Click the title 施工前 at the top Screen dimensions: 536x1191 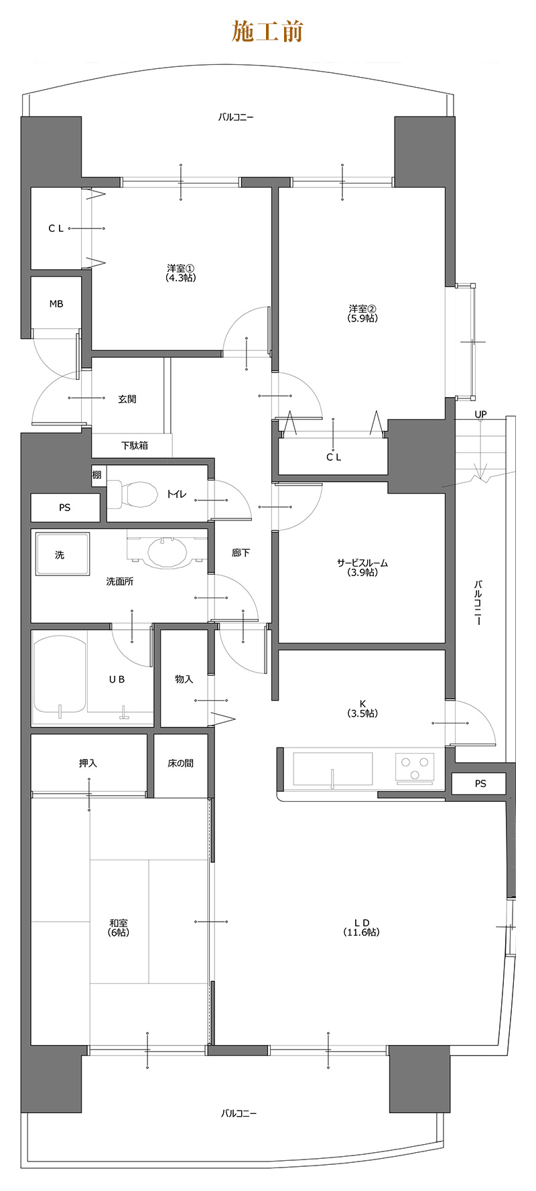tap(267, 31)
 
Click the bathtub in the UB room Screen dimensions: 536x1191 tap(60, 675)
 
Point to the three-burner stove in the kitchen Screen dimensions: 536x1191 tap(415, 768)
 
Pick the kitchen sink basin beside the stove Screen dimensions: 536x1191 tap(333, 768)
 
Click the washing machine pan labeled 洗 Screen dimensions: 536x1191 tap(62, 554)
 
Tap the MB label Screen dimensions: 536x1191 tap(56, 304)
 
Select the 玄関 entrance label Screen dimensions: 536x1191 tap(127, 399)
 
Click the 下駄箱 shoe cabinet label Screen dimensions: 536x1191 tap(135, 445)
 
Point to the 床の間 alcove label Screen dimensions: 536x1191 tap(181, 763)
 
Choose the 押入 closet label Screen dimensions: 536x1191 tap(88, 763)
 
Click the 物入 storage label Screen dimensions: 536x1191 tap(184, 679)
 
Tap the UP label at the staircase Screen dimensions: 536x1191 tap(480, 415)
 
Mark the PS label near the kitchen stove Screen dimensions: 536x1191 tap(480, 784)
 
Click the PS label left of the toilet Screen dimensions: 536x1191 tap(64, 508)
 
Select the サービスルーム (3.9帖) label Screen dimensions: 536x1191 tap(362, 568)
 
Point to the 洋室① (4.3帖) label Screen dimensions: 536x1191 tap(181, 273)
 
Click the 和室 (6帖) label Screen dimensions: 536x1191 tap(119, 928)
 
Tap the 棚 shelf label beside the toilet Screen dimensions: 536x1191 tap(97, 476)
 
